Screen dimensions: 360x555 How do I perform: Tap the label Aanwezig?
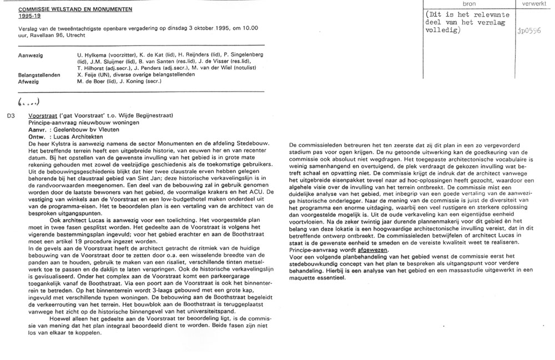click(31, 56)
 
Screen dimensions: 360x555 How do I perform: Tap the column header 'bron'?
click(469, 4)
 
